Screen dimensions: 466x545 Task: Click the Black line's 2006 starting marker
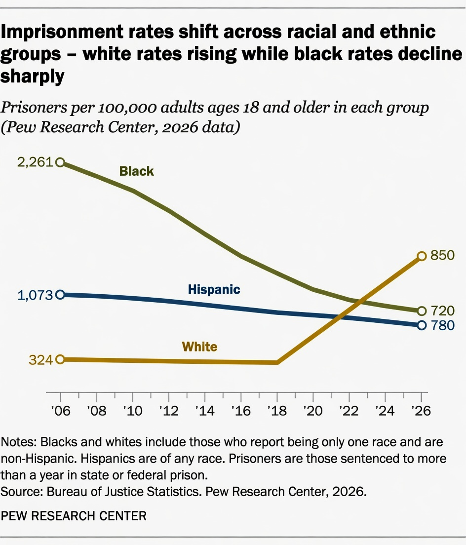(x=60, y=162)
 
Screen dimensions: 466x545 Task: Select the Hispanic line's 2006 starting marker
(x=60, y=295)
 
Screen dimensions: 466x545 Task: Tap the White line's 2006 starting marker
(x=60, y=359)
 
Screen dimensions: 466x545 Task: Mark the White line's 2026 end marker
(x=422, y=256)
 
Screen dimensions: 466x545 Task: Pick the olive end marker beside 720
(x=422, y=311)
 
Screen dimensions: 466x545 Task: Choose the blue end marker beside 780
(x=422, y=325)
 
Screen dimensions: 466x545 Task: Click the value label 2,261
(x=35, y=162)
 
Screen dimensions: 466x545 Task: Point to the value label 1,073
(x=35, y=295)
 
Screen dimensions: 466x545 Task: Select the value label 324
(x=40, y=360)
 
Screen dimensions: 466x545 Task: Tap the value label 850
(x=442, y=256)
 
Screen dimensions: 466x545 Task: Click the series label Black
(x=136, y=171)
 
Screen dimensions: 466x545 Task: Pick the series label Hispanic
(x=214, y=289)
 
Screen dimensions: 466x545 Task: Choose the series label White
(x=199, y=347)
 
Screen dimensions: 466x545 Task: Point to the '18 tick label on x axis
(x=277, y=411)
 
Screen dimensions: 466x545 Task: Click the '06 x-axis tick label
(x=60, y=411)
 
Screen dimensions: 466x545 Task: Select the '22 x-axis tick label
(x=349, y=411)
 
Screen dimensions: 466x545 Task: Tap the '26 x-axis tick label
(x=421, y=411)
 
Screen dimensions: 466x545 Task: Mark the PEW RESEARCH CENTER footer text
(x=74, y=516)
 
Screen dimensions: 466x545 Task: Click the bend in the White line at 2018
(x=277, y=362)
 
